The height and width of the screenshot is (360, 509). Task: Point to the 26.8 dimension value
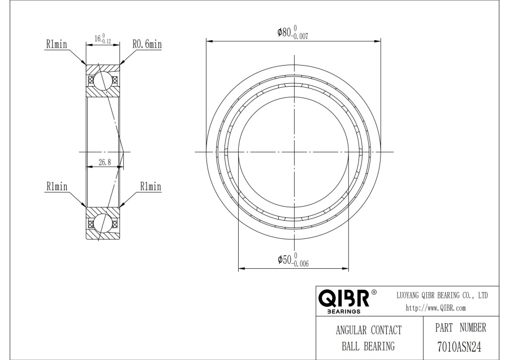pos(105,162)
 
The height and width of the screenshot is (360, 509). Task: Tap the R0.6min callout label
pos(147,44)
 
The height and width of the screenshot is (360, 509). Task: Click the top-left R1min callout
pos(57,44)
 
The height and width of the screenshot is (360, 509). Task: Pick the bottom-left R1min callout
pos(57,186)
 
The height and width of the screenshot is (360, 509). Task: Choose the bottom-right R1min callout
pos(150,186)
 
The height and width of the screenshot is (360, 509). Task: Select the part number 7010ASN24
pos(459,346)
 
